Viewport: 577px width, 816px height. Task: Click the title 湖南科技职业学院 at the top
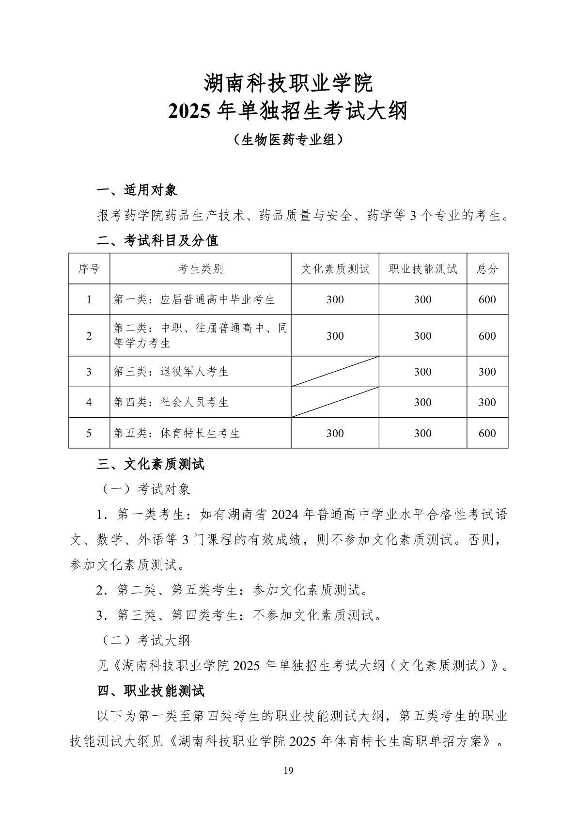point(288,83)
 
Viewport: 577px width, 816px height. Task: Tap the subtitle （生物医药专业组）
point(288,140)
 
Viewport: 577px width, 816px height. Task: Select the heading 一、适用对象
point(137,190)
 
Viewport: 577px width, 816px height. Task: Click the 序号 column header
point(89,268)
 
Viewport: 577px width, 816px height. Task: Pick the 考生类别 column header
point(201,268)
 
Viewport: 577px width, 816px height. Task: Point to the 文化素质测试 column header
point(335,268)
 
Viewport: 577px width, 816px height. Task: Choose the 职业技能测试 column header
point(423,268)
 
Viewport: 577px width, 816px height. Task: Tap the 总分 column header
point(487,268)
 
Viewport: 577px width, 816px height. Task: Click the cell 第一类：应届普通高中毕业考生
point(194,299)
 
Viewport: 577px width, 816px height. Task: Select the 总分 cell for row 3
point(487,372)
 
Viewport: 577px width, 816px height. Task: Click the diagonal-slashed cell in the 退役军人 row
point(335,372)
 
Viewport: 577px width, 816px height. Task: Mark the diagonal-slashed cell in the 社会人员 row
point(335,402)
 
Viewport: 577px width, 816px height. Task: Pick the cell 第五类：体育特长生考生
point(177,433)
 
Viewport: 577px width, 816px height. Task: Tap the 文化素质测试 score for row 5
point(335,433)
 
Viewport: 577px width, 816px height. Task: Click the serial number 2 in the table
point(89,336)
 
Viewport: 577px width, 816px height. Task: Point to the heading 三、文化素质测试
point(151,464)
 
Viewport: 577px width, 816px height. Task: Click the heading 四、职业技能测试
point(151,691)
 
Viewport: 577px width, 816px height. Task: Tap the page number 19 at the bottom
point(288,771)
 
